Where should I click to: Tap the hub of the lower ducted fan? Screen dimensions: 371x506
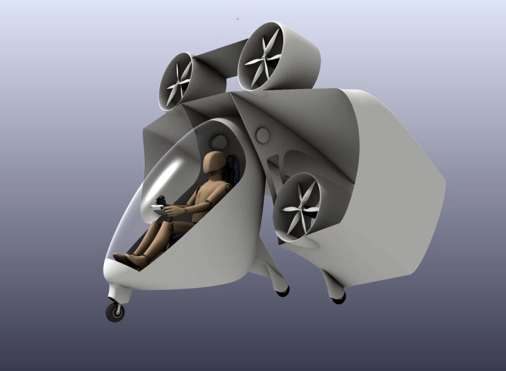pyautogui.click(x=302, y=208)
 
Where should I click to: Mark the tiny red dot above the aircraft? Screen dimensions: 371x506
pyautogui.click(x=238, y=19)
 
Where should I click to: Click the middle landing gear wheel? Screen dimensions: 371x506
pyautogui.click(x=283, y=291)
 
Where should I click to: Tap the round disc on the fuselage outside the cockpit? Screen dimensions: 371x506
pyautogui.click(x=262, y=136)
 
